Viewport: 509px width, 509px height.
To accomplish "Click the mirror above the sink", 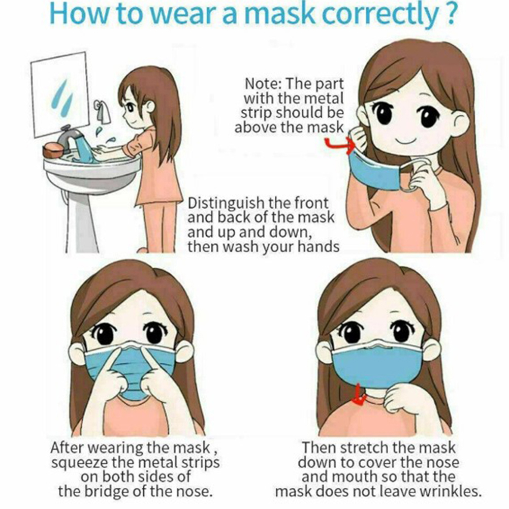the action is pyautogui.click(x=60, y=94).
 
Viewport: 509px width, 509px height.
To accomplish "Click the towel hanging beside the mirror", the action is pyautogui.click(x=103, y=111).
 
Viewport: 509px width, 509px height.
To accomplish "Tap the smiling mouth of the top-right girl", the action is pyautogui.click(x=406, y=142).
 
